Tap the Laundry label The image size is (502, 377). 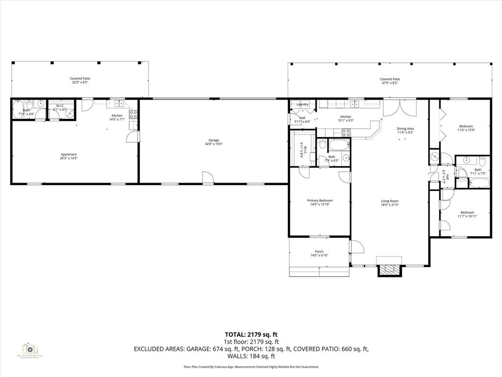click(302, 104)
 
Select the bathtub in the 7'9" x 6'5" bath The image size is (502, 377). click(338, 145)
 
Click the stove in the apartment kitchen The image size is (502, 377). click(132, 116)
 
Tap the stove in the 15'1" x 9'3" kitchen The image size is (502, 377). click(346, 132)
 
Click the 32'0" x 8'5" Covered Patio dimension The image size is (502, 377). click(81, 82)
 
